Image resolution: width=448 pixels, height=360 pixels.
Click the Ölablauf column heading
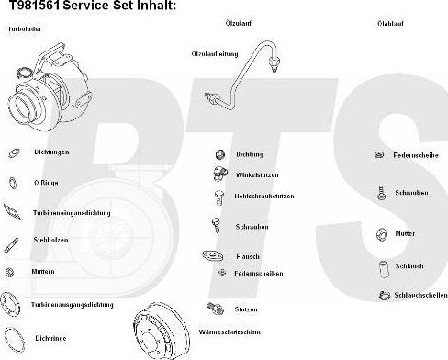[388, 22]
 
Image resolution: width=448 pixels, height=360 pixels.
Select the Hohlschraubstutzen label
[264, 196]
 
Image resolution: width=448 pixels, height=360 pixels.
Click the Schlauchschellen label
[420, 295]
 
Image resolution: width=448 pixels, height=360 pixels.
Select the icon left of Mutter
[380, 233]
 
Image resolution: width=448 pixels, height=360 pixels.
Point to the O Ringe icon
[13, 183]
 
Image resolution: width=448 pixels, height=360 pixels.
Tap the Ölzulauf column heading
[238, 22]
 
